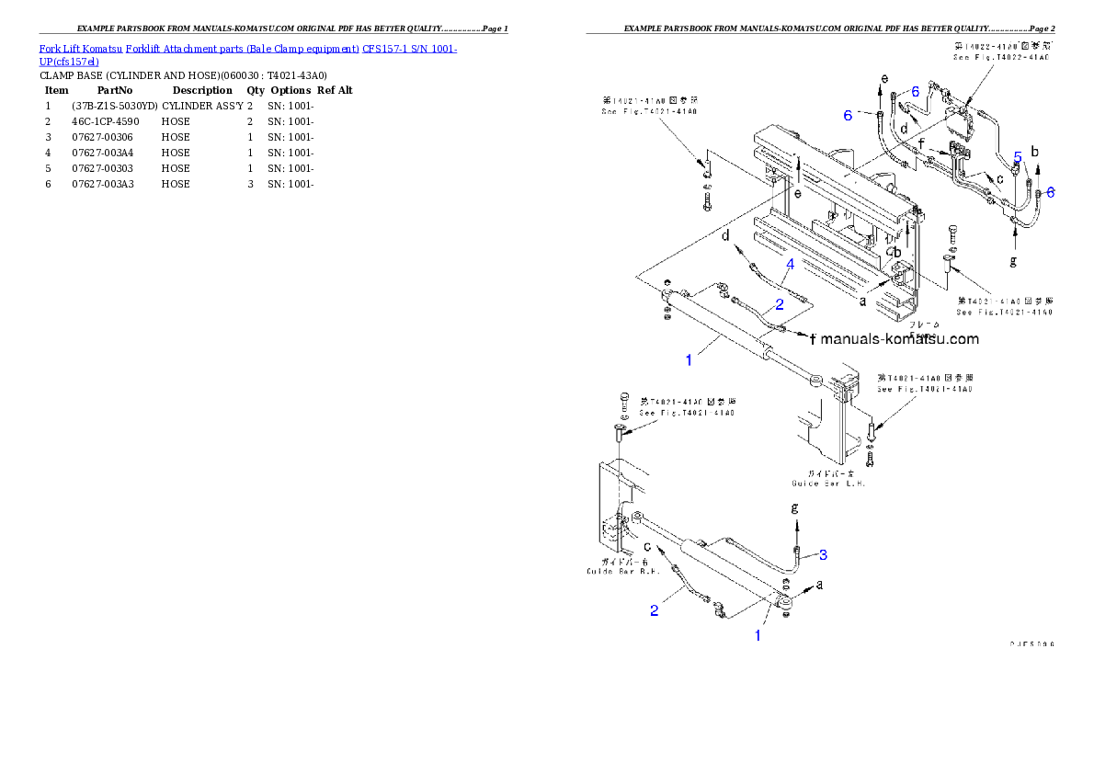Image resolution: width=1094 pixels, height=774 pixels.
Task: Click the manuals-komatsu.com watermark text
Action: tap(899, 339)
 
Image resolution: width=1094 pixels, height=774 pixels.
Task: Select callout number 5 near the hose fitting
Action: tap(1018, 156)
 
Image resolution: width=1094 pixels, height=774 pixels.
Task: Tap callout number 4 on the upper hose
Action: tap(790, 264)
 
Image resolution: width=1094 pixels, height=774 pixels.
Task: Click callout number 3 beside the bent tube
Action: tap(824, 554)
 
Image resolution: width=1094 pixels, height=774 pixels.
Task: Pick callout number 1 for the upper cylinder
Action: tap(689, 360)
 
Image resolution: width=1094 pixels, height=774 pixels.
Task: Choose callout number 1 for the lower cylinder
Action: tap(758, 635)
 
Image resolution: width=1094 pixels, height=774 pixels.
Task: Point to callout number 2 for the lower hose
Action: tap(655, 611)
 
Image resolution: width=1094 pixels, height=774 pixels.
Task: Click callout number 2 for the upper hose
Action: tap(779, 304)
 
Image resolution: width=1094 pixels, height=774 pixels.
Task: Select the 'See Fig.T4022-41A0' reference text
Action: tap(1000, 57)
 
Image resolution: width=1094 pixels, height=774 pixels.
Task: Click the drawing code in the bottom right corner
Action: tap(1031, 644)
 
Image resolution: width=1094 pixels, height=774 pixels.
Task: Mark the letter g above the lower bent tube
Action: tap(795, 507)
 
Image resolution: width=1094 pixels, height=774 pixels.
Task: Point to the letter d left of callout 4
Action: tap(725, 235)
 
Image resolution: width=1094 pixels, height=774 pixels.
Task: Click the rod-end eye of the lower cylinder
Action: tap(783, 602)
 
